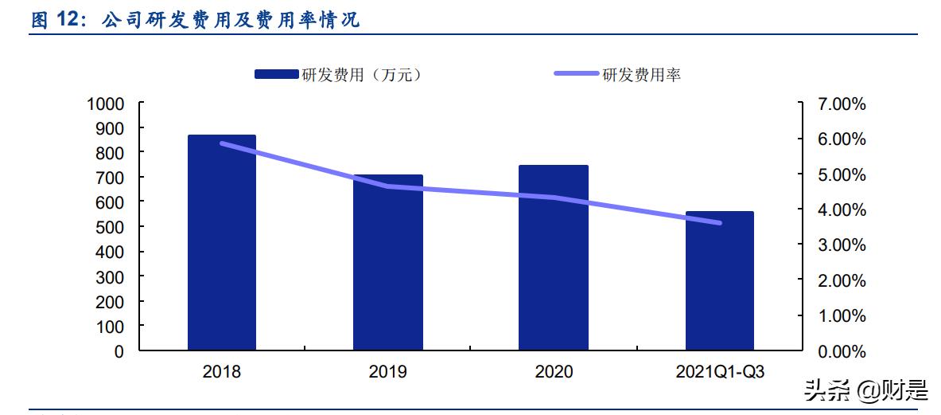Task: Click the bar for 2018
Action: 221,243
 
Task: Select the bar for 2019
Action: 388,263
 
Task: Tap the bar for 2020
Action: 554,258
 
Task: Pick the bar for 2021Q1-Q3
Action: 720,280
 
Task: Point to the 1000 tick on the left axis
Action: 105,104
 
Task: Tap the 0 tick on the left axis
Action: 119,351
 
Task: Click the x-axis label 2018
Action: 221,372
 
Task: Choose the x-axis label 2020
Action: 554,372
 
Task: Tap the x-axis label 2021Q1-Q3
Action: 720,372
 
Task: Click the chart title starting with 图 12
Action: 196,20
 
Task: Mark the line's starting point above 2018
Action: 222,143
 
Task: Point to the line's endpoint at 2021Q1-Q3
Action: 720,223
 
